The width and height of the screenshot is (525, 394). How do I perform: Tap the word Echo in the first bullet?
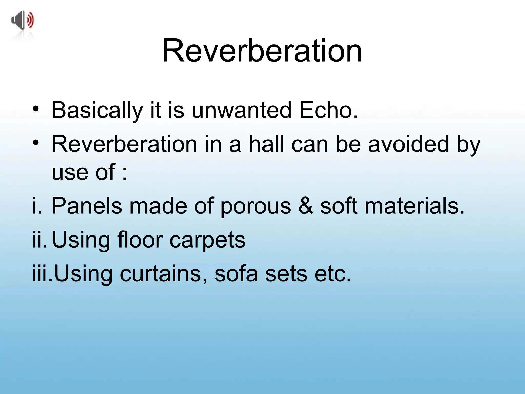point(328,110)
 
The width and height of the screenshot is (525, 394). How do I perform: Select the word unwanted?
point(241,110)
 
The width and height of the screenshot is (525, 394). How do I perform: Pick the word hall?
point(267,144)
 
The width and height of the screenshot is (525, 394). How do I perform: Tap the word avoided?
point(409,144)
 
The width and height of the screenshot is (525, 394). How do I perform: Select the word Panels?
point(87,206)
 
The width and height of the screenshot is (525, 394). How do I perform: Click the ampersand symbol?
point(306,206)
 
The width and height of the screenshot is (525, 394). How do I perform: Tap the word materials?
point(415,206)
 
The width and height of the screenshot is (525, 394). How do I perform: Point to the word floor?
point(140,240)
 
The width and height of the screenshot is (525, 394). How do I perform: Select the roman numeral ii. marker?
point(40,240)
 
